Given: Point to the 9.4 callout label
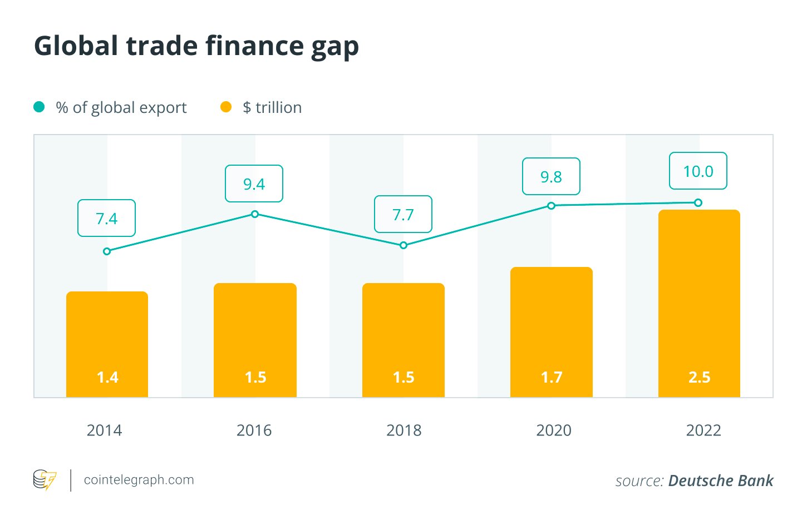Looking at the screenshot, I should coord(254,184).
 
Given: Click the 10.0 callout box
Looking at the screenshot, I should coord(698,171).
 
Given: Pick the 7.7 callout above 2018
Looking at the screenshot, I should coord(403,214).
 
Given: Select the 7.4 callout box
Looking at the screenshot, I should coord(106,218).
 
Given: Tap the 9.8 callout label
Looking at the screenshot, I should coord(551,176).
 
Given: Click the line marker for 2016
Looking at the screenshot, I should coord(255,214).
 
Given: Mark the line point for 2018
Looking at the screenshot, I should coord(404,245).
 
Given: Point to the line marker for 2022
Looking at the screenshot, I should coord(698,203).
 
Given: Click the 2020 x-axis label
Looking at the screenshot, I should coord(553,430).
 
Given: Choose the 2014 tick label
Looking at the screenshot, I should coord(104,430).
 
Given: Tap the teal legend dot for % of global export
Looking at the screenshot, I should coord(39,107).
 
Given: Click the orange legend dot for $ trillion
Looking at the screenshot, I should coord(225,107).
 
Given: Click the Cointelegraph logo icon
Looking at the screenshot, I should coord(45,480).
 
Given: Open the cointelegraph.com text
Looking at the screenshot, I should coord(139,480).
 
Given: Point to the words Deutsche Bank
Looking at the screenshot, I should coord(721,481).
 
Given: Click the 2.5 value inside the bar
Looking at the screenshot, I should coord(699,377).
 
